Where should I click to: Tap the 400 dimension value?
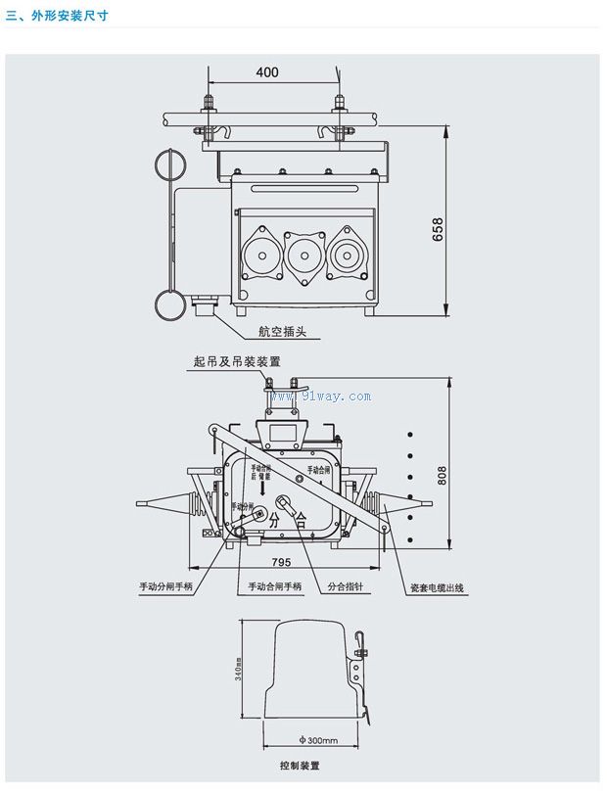[267, 72]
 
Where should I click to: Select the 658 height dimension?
[438, 229]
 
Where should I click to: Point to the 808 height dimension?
[442, 474]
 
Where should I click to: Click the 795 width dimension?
[282, 562]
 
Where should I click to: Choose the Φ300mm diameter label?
[315, 740]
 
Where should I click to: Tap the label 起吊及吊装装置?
[231, 362]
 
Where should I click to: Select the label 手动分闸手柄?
[166, 587]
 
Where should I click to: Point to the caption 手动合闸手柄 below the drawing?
[274, 587]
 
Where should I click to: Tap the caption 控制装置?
[300, 766]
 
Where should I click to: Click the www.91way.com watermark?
[320, 396]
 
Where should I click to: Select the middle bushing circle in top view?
[303, 257]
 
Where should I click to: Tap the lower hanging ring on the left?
[169, 303]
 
